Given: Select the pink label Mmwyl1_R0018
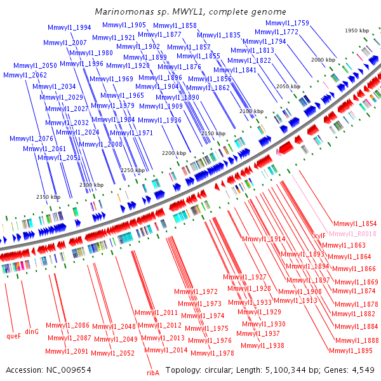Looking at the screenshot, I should [x=353, y=234].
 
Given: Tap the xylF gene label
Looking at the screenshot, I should [x=317, y=236].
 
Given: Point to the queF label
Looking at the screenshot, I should [x=13, y=336].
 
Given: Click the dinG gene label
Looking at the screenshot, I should [x=32, y=331].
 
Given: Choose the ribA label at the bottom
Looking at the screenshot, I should [x=153, y=373].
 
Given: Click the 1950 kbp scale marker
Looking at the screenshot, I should [x=357, y=30].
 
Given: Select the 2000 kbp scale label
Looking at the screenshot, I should [x=323, y=59].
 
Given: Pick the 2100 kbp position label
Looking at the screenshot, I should [x=251, y=111].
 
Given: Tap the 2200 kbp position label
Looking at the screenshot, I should [x=173, y=153].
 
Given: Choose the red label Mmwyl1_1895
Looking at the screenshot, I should [x=350, y=351].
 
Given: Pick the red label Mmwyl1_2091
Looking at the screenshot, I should [x=67, y=351].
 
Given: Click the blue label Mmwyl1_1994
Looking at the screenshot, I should [x=69, y=27].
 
